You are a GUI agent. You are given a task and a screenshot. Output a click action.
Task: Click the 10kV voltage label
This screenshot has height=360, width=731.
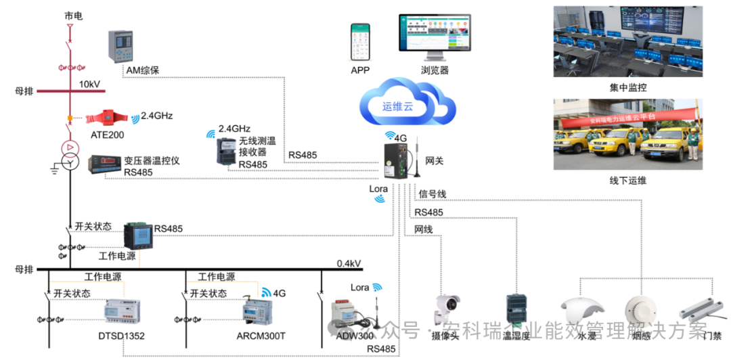pos(90,84)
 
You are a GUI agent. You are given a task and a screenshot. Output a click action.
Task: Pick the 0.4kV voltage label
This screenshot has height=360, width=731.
pos(349,263)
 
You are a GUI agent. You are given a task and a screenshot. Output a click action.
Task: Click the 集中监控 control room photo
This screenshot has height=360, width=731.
pos(627,42)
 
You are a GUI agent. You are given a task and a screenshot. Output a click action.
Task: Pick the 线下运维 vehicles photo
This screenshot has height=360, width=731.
pos(627,135)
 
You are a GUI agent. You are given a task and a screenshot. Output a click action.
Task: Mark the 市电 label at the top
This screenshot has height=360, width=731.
pos(73,15)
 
